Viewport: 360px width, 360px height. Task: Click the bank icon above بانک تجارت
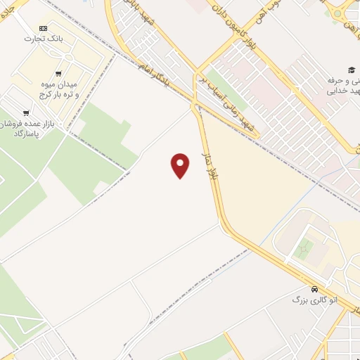[x=44, y=28]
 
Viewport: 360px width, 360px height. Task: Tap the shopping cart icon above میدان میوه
[x=58, y=74]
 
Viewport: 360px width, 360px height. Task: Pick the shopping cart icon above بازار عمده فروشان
[x=26, y=112]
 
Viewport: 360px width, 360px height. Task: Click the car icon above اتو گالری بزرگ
[x=314, y=289]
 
